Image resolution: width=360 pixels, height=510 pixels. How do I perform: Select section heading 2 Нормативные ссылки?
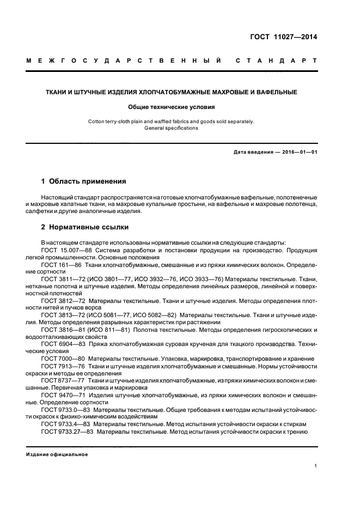pyautogui.click(x=85, y=227)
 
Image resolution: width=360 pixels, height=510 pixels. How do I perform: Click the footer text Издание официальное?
pyautogui.click(x=57, y=454)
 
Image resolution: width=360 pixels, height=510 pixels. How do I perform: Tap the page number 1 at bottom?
pyautogui.click(x=315, y=466)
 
